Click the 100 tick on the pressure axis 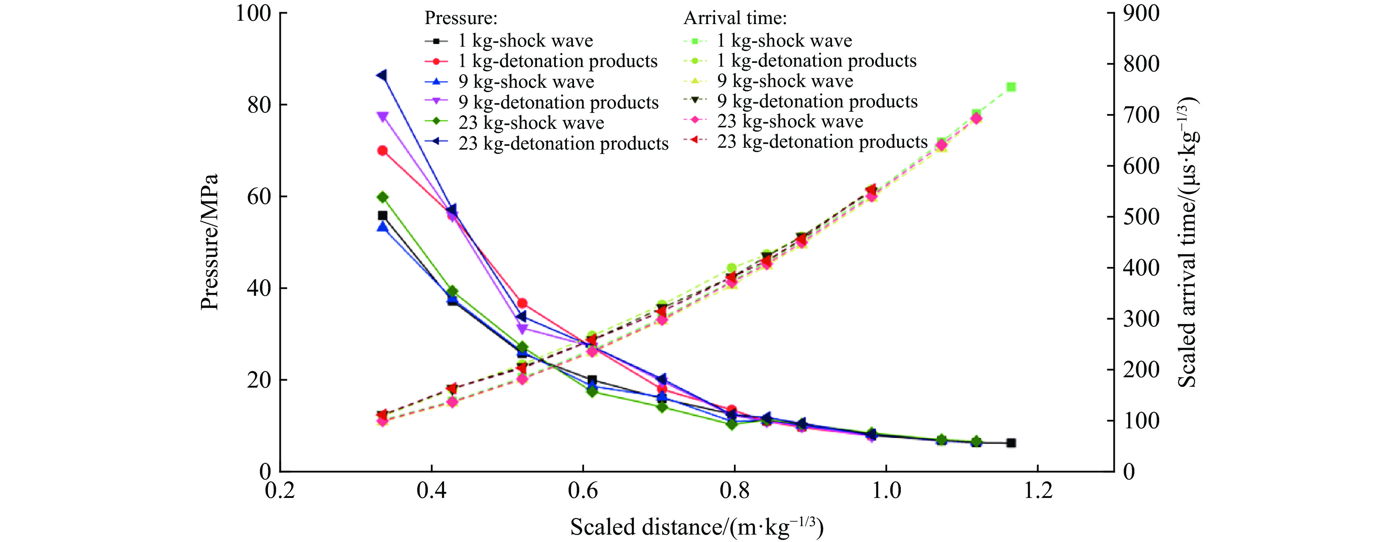pyautogui.click(x=253, y=13)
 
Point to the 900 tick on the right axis pyautogui.click(x=1141, y=13)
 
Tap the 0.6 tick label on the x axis pyautogui.click(x=583, y=491)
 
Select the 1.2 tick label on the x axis pyautogui.click(x=1037, y=491)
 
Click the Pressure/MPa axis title pyautogui.click(x=209, y=242)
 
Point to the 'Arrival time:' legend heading pyautogui.click(x=735, y=18)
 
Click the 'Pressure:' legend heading pyautogui.click(x=460, y=18)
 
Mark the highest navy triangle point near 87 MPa pyautogui.click(x=382, y=75)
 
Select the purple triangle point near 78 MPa pyautogui.click(x=382, y=116)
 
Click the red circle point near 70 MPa pyautogui.click(x=382, y=150)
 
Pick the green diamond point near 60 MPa pyautogui.click(x=382, y=197)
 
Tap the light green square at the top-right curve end pyautogui.click(x=1011, y=87)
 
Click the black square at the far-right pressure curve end pyautogui.click(x=1011, y=443)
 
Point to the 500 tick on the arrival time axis pyautogui.click(x=1141, y=217)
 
